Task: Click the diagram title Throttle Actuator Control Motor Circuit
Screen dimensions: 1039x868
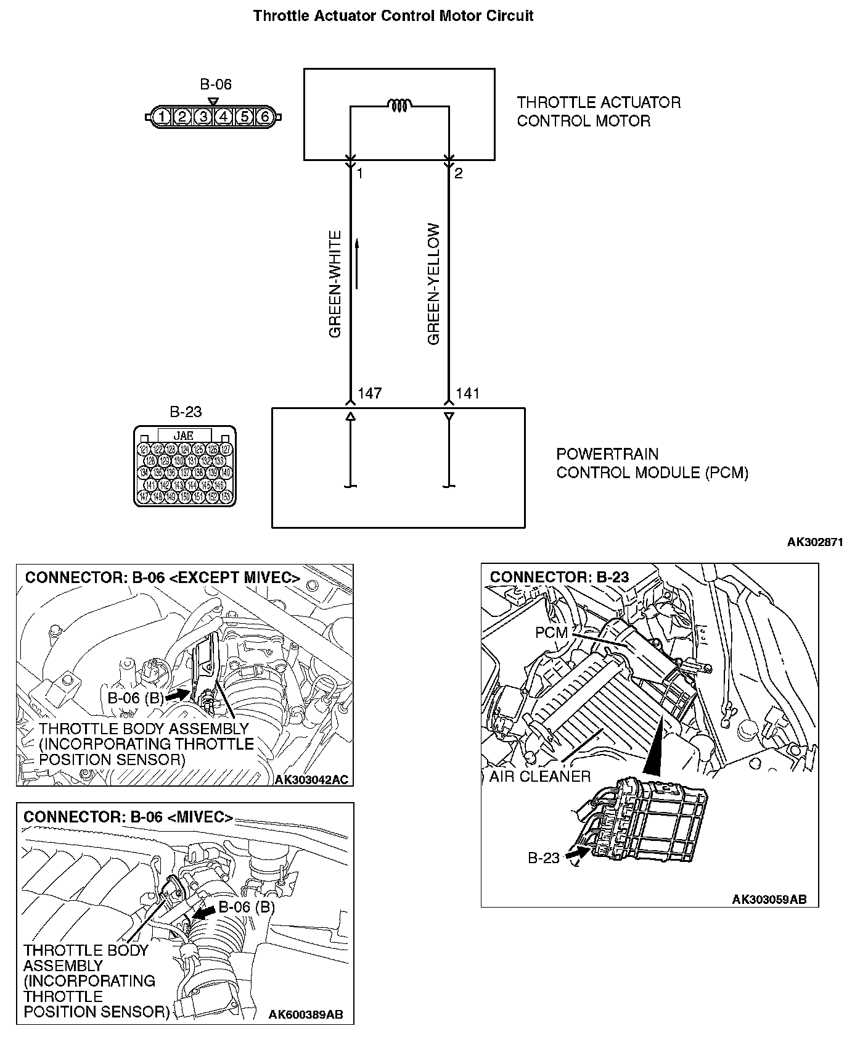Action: [393, 16]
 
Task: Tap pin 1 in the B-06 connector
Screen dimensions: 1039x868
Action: [162, 116]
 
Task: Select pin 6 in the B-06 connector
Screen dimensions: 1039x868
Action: [265, 116]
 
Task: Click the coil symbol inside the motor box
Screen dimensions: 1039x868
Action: [400, 106]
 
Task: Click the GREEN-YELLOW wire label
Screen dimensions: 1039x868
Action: [434, 284]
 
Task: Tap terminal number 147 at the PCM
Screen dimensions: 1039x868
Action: [369, 393]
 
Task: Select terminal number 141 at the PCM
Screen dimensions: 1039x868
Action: [467, 393]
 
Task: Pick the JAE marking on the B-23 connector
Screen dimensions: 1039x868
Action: [184, 435]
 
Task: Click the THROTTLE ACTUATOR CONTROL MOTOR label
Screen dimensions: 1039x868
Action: [598, 111]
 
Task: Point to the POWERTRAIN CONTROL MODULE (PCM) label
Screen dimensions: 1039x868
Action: [652, 463]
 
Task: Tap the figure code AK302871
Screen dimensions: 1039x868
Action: [814, 542]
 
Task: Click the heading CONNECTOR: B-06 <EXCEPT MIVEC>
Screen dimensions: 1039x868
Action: [162, 578]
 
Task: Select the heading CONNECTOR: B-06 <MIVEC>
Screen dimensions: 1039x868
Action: [128, 817]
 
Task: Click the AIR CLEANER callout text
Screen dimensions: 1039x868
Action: [539, 776]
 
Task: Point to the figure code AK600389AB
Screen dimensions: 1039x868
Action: [306, 1015]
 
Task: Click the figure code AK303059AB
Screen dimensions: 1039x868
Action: [769, 899]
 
